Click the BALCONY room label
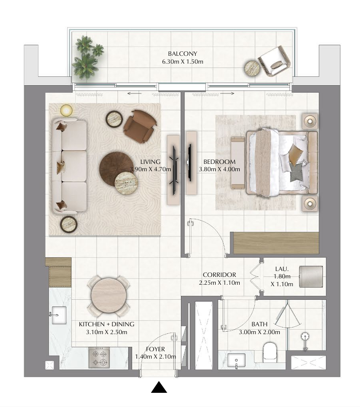point(182,54)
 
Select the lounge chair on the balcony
point(274,61)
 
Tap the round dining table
point(109,295)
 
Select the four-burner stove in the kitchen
point(99,358)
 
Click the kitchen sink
point(59,315)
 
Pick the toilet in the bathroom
point(270,353)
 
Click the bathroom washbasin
point(236,360)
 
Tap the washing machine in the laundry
point(311,276)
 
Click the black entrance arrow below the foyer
point(159,387)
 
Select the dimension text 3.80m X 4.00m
point(219,169)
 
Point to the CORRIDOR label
point(219,274)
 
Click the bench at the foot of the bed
point(238,163)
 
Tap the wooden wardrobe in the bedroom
point(276,243)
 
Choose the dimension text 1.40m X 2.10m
point(156,357)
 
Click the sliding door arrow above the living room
point(135,94)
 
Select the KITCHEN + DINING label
point(107,324)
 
